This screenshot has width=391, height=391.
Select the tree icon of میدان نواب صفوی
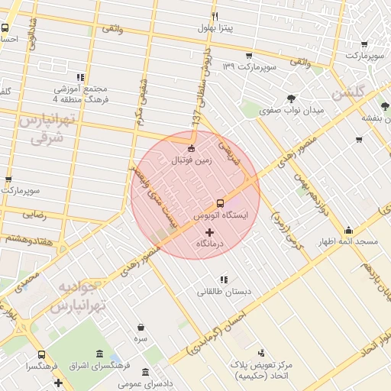coord(292,98)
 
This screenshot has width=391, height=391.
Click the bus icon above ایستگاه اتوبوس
coord(220,203)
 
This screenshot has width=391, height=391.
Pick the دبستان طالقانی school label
coord(224,292)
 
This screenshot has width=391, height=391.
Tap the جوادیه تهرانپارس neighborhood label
coord(73,296)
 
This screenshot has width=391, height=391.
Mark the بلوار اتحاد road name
coord(380,342)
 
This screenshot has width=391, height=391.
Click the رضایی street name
coord(34,215)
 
